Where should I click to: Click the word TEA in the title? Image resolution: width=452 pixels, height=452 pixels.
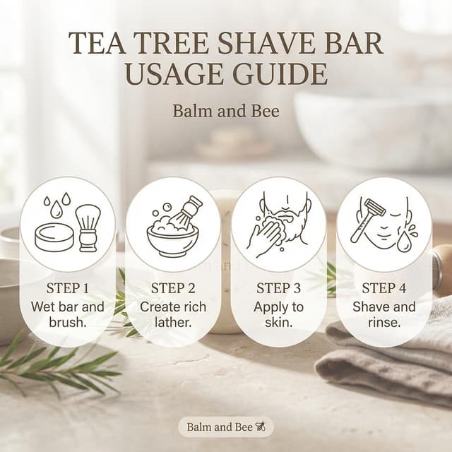click(97, 43)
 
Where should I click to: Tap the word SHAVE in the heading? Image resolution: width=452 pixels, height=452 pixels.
click(266, 43)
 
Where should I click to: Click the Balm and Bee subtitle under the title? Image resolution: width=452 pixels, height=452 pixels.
click(226, 111)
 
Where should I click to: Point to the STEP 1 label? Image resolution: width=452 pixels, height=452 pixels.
click(68, 288)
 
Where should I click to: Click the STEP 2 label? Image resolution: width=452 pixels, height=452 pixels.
click(173, 288)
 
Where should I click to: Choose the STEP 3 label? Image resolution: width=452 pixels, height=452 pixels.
click(279, 288)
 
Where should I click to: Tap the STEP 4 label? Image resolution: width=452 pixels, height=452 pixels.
click(384, 288)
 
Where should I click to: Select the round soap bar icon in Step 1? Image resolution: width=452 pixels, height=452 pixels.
click(54, 239)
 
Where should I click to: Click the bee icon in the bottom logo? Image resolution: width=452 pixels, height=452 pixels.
click(261, 427)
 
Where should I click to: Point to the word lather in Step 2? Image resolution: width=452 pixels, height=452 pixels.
click(173, 322)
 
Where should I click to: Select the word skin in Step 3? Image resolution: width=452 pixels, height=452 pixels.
click(278, 322)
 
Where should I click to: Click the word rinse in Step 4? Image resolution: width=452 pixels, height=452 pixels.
click(384, 322)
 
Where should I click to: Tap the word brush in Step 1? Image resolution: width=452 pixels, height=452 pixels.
click(68, 322)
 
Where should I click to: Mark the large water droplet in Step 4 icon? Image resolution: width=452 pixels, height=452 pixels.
click(403, 242)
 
